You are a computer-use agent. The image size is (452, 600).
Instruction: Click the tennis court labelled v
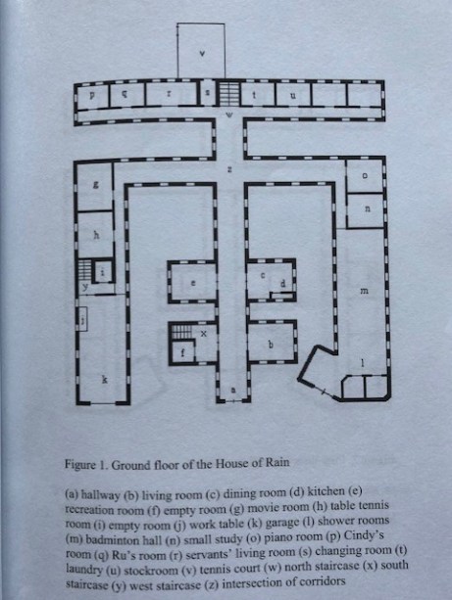[x=201, y=51]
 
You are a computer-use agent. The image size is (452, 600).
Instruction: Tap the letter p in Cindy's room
[x=92, y=95]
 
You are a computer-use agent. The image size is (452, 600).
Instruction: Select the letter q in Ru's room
[x=124, y=95]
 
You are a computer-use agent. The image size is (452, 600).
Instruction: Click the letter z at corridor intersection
[x=229, y=169]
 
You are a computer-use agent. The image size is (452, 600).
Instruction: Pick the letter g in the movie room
[x=95, y=186]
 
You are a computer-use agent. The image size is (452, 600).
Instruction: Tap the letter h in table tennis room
[x=97, y=235]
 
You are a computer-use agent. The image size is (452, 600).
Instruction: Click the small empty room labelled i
[x=103, y=272]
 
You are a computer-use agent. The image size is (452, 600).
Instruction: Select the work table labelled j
[x=82, y=319]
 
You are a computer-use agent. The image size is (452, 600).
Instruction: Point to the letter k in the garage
[x=104, y=379]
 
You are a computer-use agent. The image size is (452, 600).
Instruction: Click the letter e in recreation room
[x=193, y=284]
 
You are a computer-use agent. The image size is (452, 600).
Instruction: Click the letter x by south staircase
[x=204, y=334]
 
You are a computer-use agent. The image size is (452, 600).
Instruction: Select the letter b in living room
[x=271, y=345]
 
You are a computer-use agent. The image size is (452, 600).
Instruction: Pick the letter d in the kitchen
[x=283, y=284]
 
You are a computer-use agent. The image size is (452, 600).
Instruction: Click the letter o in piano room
[x=365, y=175]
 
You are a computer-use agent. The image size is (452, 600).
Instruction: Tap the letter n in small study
[x=368, y=209]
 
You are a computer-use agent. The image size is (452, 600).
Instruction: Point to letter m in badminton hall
[x=364, y=292]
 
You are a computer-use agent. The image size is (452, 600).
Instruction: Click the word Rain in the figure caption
[x=279, y=463]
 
